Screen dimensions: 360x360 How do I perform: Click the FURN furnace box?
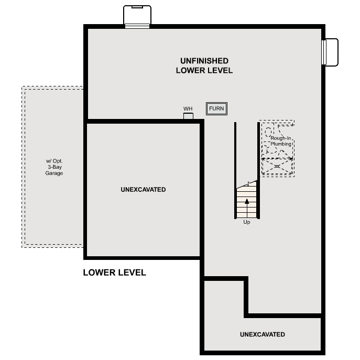pyautogui.click(x=216, y=108)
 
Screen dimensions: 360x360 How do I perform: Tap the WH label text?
pyautogui.click(x=188, y=109)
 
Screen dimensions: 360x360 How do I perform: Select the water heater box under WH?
pyautogui.click(x=188, y=116)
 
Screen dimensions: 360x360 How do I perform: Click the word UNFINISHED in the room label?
pyautogui.click(x=204, y=61)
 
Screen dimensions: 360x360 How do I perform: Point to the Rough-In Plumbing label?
pyautogui.click(x=281, y=141)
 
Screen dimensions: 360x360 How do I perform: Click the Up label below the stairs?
pyautogui.click(x=247, y=222)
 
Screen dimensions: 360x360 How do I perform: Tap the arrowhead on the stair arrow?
pyautogui.click(x=247, y=201)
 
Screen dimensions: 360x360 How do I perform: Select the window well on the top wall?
pyautogui.click(x=137, y=16)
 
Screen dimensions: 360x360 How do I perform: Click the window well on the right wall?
pyautogui.click(x=330, y=53)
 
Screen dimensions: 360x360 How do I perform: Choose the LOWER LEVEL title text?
pyautogui.click(x=114, y=272)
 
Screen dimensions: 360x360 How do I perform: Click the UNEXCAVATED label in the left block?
pyautogui.click(x=143, y=190)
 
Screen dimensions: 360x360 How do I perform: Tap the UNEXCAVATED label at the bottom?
pyautogui.click(x=262, y=334)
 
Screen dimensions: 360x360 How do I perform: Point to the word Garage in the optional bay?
pyautogui.click(x=53, y=173)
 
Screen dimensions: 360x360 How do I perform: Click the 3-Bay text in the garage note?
pyautogui.click(x=53, y=167)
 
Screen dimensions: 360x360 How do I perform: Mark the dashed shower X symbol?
pyautogui.click(x=277, y=166)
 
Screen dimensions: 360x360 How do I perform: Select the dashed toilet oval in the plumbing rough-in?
pyautogui.click(x=269, y=130)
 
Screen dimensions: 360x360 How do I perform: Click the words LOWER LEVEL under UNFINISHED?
pyautogui.click(x=204, y=71)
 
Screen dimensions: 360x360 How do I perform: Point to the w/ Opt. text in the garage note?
pyautogui.click(x=53, y=161)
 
